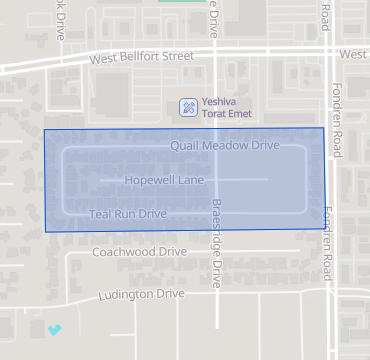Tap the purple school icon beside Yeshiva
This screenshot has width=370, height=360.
(187, 106)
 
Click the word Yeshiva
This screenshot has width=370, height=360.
(220, 101)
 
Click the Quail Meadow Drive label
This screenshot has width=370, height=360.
(225, 145)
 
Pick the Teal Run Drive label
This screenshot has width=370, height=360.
(127, 214)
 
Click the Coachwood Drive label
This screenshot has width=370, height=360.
(139, 252)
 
